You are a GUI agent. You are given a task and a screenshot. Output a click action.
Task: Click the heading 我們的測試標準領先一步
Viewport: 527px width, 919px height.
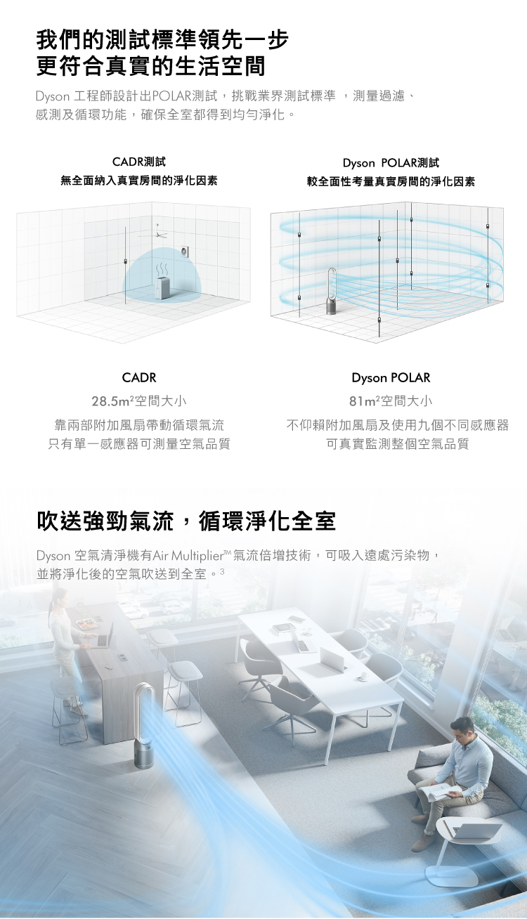[162, 40]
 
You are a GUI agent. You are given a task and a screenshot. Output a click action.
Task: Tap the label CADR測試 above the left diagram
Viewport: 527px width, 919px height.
[139, 162]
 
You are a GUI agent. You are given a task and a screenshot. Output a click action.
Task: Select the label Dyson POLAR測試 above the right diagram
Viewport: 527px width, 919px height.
[391, 163]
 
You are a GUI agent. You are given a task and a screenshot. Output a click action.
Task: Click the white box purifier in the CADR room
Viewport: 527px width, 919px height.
[163, 287]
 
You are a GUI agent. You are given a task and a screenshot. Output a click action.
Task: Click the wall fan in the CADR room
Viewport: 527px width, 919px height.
[184, 251]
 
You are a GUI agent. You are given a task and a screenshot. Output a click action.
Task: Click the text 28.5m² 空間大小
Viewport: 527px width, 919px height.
[138, 400]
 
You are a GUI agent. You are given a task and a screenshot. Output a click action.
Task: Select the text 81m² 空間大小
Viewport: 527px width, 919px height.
[391, 400]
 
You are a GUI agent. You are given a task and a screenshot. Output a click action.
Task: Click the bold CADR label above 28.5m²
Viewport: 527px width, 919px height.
[139, 377]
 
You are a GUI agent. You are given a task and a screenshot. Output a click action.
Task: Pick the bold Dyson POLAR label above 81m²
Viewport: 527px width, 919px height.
[391, 378]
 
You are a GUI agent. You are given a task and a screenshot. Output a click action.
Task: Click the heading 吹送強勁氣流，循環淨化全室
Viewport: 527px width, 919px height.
[186, 521]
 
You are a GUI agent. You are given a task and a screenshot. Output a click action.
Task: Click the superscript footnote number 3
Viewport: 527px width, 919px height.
[222, 571]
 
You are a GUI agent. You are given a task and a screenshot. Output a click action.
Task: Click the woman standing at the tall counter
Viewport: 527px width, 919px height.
[65, 648]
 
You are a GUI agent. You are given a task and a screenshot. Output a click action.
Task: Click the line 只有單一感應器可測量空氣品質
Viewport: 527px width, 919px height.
[139, 443]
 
